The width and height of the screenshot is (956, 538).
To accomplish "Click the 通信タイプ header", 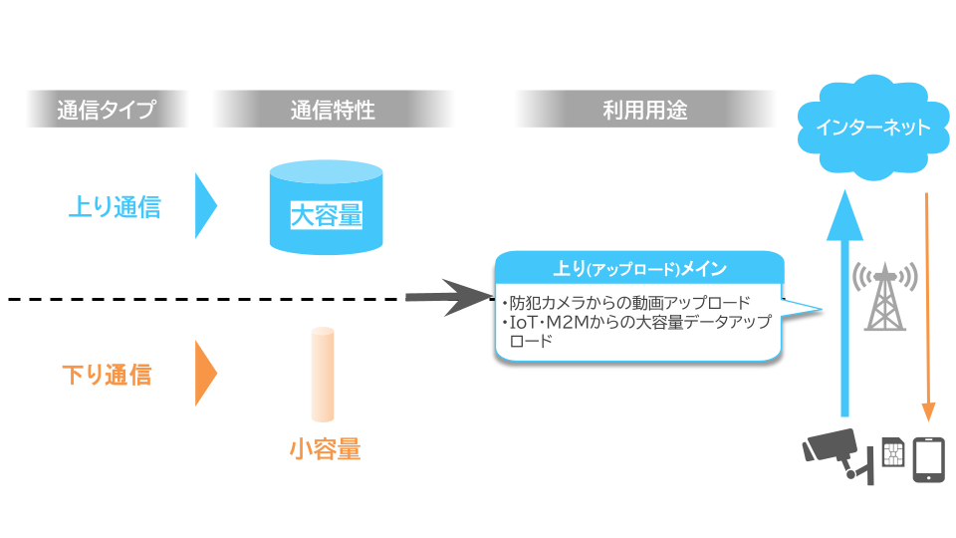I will point(108,110).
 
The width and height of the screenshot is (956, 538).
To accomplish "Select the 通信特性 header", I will point(333,110).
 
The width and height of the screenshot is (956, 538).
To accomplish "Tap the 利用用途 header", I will point(644,110).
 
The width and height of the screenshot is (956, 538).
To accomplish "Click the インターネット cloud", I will point(872,128).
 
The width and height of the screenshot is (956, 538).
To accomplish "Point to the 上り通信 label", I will point(115,207).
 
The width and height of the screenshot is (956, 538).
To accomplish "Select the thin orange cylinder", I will point(322,374).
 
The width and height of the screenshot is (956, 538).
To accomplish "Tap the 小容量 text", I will point(325,449).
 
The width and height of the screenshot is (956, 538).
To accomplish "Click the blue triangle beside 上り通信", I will point(204,207).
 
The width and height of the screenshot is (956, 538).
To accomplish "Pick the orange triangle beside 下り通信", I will point(204,375).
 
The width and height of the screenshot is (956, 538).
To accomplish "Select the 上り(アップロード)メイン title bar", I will point(639,269).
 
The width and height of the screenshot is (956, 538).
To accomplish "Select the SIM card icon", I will point(893,455).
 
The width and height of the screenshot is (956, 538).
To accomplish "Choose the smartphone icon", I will point(928,458).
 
